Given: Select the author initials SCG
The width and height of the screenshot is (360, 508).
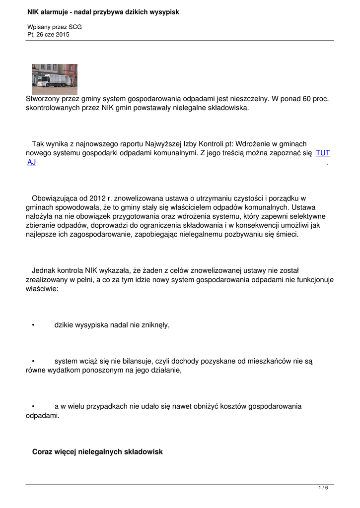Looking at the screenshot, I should pos(74,27).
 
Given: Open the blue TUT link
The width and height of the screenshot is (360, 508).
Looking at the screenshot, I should pos(323,153).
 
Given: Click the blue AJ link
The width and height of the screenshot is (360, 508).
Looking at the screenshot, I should pos(32,162).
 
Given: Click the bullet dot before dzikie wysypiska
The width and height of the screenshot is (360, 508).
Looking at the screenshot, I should pos(32,325).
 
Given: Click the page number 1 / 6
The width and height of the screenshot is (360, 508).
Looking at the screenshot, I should pos(323,488).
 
